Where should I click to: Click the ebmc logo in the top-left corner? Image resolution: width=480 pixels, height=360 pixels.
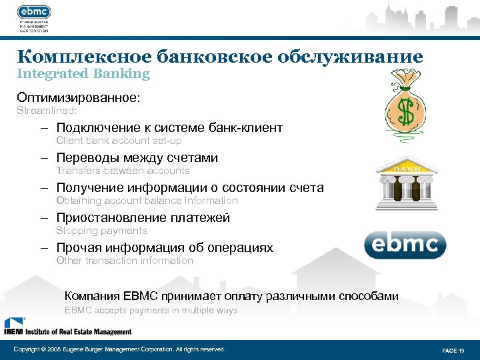click(34, 13)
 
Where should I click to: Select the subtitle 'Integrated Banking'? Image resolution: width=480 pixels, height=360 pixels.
click(83, 74)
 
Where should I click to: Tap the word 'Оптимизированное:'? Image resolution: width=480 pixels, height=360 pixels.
click(79, 97)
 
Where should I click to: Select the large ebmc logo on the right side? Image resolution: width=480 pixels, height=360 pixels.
click(405, 245)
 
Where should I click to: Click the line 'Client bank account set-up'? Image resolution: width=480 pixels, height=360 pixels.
click(119, 141)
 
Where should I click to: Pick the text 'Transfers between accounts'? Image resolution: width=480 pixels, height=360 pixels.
click(123, 171)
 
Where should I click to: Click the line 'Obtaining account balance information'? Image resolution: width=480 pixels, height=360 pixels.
click(147, 201)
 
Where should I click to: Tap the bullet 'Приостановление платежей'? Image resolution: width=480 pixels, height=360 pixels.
click(143, 218)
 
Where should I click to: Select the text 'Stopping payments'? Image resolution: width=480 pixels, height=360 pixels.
click(101, 231)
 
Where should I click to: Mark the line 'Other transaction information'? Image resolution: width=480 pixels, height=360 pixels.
click(125, 261)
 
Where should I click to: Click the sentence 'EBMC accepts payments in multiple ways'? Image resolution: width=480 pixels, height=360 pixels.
click(151, 310)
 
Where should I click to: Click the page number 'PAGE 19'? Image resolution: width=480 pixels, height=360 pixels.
click(453, 350)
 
